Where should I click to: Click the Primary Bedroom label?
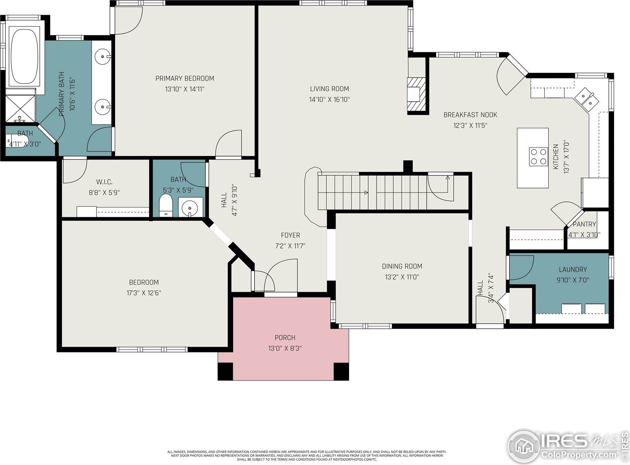[x=185, y=78]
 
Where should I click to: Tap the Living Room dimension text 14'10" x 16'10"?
[x=329, y=100]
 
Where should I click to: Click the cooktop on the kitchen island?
[x=538, y=156]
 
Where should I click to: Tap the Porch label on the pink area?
[x=285, y=337]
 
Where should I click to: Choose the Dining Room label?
[x=402, y=266]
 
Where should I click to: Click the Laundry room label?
[x=573, y=270]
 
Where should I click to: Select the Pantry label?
[x=584, y=224]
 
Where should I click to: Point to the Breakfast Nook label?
[x=470, y=115]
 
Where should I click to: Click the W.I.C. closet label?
[x=104, y=182]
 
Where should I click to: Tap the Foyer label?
[x=290, y=235]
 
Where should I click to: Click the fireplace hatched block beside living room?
[x=417, y=94]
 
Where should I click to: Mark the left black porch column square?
[x=226, y=371]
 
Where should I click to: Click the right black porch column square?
[x=341, y=371]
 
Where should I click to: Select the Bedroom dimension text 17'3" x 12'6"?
[x=144, y=293]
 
